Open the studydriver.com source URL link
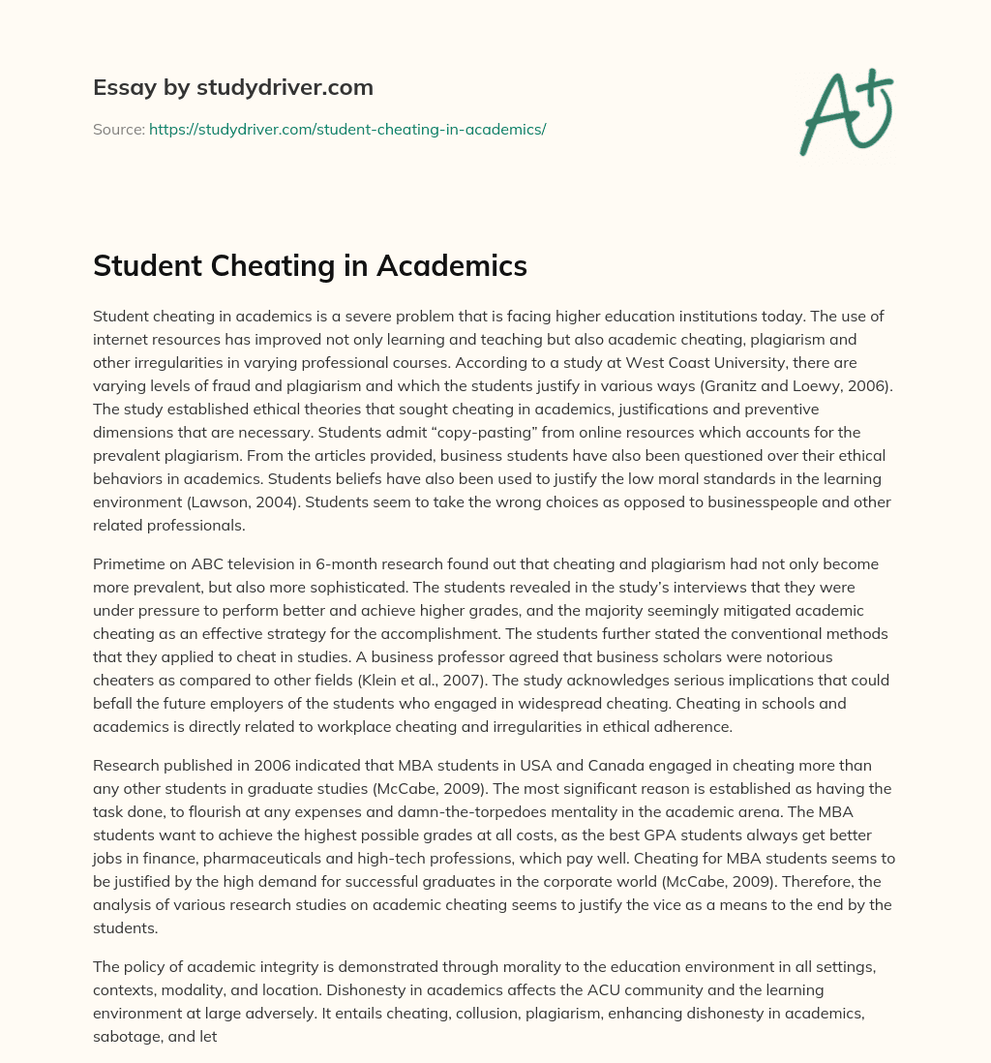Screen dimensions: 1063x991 [x=347, y=129]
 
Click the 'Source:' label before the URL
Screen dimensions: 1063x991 [x=118, y=129]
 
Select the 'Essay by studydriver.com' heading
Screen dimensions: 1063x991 [x=232, y=87]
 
